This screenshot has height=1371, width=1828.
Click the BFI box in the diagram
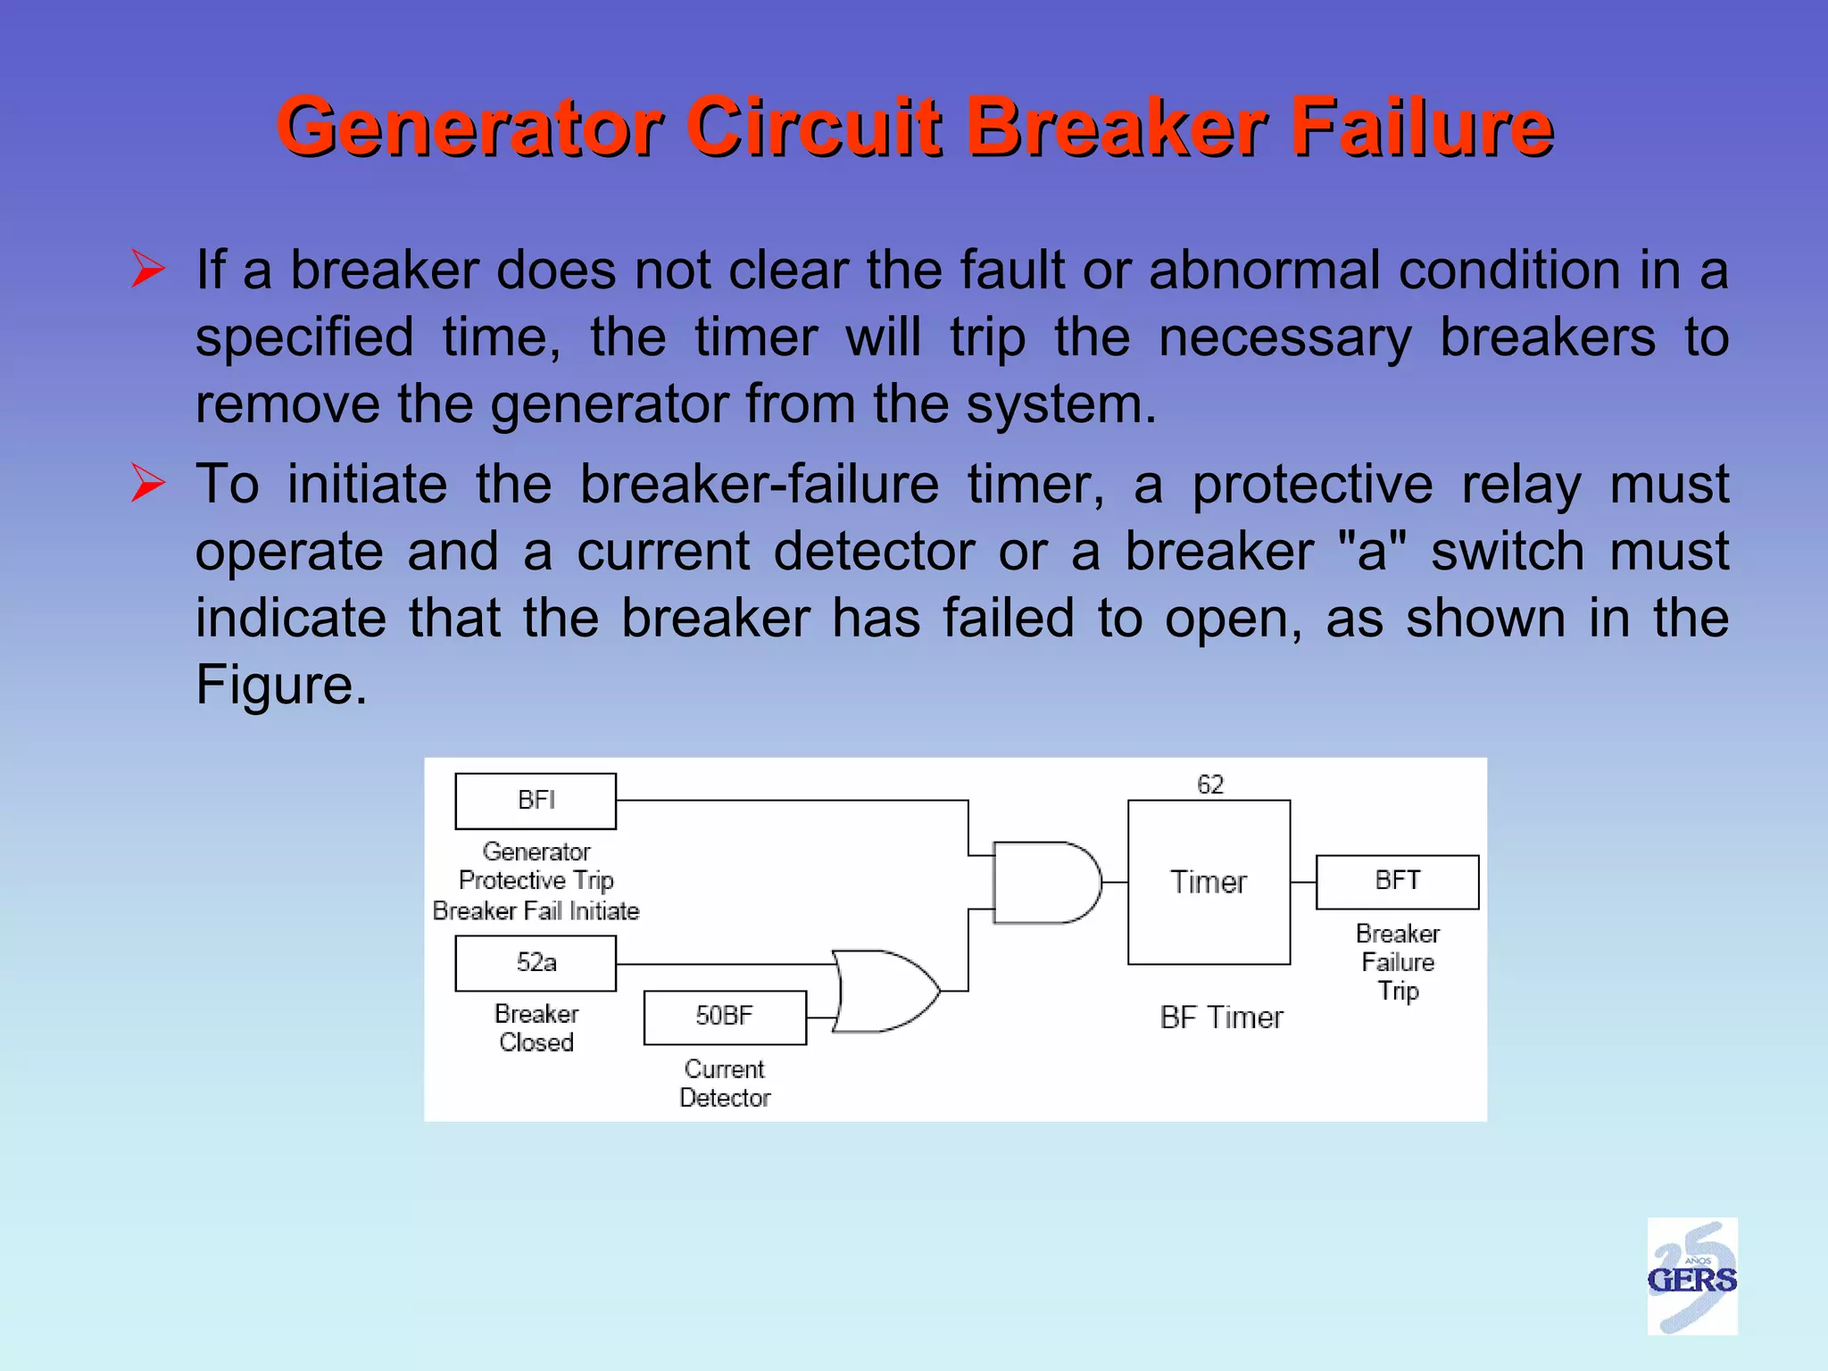point(536,801)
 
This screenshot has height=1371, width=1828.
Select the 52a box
point(536,962)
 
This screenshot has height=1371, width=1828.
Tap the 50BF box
point(724,1017)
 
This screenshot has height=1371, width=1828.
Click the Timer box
point(1209,882)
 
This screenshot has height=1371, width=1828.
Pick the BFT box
point(1397,881)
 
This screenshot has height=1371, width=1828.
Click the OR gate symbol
point(884,991)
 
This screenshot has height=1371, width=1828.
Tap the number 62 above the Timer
point(1209,785)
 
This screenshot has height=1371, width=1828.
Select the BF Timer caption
point(1221,1018)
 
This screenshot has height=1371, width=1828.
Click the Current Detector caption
point(724,1083)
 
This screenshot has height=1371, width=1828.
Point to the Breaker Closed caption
point(536,1027)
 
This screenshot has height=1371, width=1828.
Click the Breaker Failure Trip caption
point(1397,962)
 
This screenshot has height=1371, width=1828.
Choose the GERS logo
point(1691,1276)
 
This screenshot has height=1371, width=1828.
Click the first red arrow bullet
point(148,270)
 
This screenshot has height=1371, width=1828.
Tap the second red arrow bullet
point(148,483)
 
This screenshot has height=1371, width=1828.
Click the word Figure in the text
point(280,685)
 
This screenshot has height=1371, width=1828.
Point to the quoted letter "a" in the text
point(1372,551)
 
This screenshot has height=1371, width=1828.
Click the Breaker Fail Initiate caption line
point(536,910)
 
